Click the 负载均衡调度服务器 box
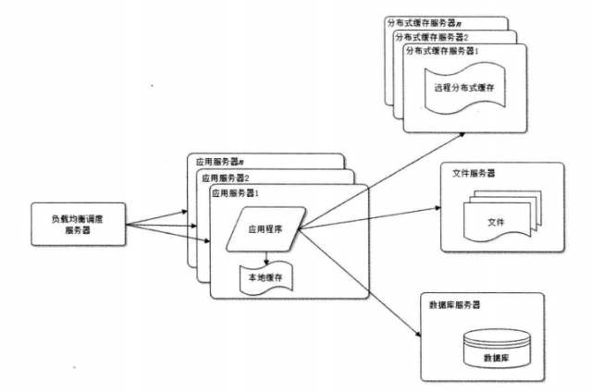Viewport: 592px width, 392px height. pos(80,225)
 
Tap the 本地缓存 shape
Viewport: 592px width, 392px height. pos(264,276)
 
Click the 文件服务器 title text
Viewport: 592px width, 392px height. pos(474,173)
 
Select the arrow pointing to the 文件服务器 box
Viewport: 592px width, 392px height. pos(370,217)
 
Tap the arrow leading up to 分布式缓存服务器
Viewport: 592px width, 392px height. pos(379,180)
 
